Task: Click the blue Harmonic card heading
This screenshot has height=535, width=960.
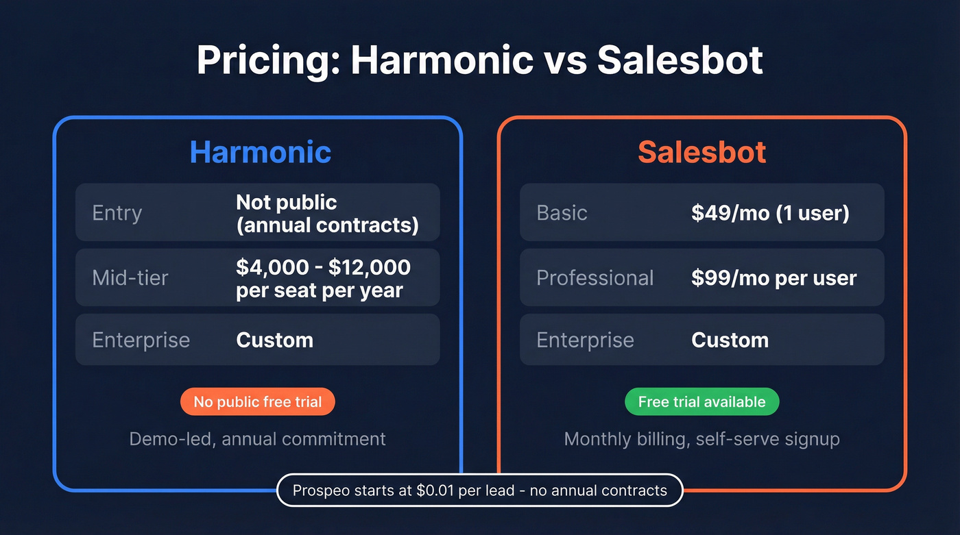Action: click(x=260, y=152)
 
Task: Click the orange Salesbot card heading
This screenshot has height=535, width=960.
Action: click(x=701, y=152)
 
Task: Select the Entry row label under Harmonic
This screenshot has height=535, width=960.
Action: click(x=117, y=212)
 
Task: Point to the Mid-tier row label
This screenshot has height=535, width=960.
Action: click(x=130, y=277)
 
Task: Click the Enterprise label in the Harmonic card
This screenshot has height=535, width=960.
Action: click(x=141, y=340)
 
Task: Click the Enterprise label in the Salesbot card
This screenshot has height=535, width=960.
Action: click(x=585, y=340)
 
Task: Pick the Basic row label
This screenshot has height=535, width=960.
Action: click(x=562, y=212)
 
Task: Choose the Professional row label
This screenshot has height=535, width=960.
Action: click(x=595, y=277)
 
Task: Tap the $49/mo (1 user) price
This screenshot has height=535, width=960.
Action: click(x=770, y=212)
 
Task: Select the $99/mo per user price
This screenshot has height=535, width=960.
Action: click(x=773, y=277)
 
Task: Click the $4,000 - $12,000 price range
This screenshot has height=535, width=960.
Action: click(x=323, y=267)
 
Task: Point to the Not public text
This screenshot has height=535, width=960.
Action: click(x=286, y=202)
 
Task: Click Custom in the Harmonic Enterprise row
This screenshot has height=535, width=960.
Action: click(x=274, y=340)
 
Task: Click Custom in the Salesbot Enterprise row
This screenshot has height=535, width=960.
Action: click(x=730, y=340)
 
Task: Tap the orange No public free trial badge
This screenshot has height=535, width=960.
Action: click(x=257, y=401)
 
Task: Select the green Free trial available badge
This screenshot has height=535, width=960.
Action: click(x=701, y=401)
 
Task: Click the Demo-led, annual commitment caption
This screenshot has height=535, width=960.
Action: click(x=257, y=438)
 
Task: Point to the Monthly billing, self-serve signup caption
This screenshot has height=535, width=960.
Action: click(x=701, y=438)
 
